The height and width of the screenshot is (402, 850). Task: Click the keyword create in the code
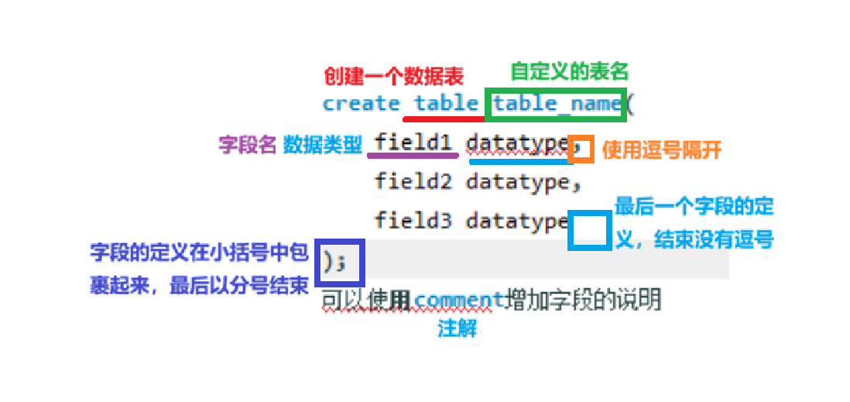coord(361,103)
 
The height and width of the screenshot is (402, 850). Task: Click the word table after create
coord(446,103)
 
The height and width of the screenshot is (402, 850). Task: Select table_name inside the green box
coord(557,103)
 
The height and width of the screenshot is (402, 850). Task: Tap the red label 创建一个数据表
coord(393,76)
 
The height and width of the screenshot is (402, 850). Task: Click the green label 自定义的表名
coord(569,71)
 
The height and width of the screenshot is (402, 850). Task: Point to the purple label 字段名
coord(247,144)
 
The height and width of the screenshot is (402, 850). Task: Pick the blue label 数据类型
coord(323,144)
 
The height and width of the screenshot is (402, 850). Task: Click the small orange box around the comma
coord(581,149)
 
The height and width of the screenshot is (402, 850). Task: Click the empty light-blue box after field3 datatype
coord(589,230)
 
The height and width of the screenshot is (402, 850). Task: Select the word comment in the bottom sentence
coord(459,299)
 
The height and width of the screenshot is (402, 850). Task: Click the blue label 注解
coord(457,328)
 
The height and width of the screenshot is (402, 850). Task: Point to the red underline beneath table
coord(444,119)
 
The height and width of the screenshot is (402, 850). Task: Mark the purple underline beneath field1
coord(412,155)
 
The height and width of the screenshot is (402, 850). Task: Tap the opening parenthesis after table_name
coord(630,103)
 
